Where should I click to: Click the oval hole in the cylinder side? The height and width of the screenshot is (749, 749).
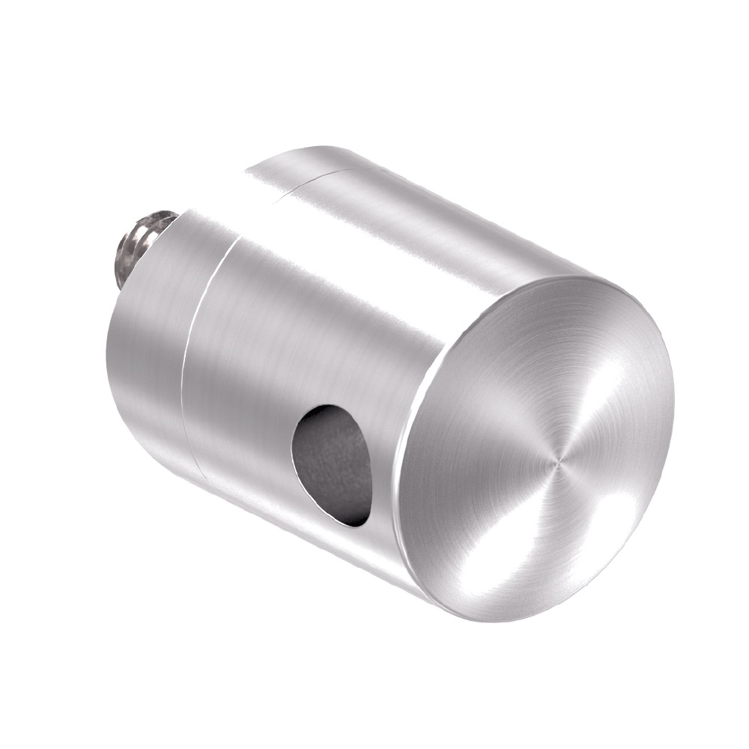(333, 464)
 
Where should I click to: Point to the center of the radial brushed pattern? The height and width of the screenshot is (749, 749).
(556, 464)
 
